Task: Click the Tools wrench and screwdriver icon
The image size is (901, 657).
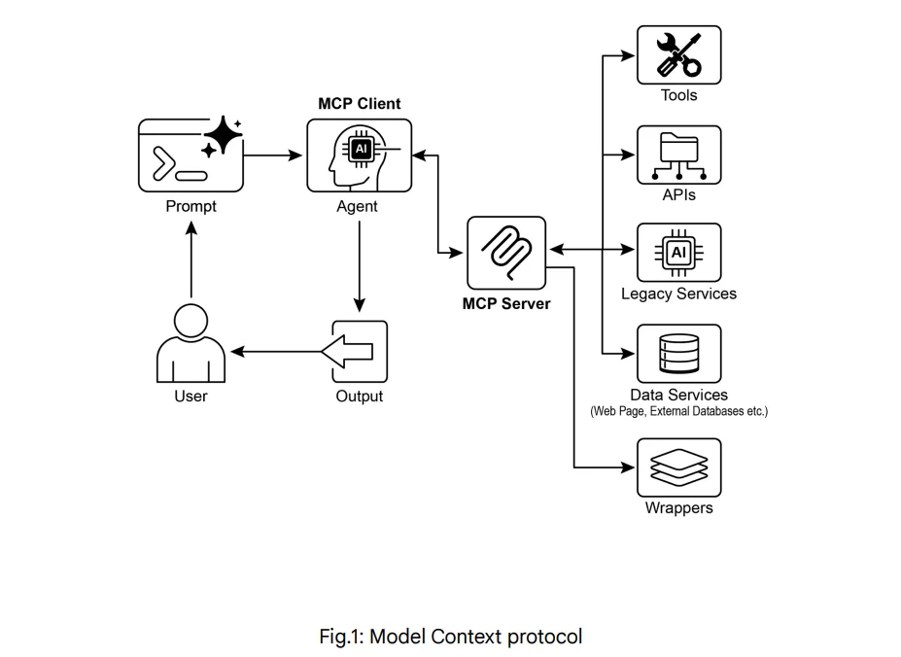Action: click(x=678, y=55)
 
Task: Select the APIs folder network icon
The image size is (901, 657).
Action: click(x=678, y=156)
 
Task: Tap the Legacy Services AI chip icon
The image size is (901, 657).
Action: click(x=678, y=253)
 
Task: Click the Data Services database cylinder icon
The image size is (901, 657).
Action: click(x=678, y=354)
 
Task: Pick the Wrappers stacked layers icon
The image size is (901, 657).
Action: click(x=678, y=467)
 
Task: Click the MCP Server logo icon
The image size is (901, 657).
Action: click(x=506, y=252)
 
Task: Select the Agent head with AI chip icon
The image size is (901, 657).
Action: click(x=359, y=156)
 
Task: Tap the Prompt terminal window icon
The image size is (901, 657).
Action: click(x=185, y=156)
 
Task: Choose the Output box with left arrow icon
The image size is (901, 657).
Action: click(x=359, y=351)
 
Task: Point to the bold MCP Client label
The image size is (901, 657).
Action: click(x=359, y=104)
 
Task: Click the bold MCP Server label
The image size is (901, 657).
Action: click(x=506, y=304)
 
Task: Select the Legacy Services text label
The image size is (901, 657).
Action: click(x=678, y=294)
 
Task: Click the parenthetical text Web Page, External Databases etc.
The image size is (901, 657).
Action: click(x=678, y=411)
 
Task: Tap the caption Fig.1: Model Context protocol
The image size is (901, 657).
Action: click(x=451, y=637)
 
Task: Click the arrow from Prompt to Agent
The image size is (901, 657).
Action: click(x=274, y=155)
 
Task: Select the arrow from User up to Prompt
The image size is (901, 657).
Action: click(x=191, y=262)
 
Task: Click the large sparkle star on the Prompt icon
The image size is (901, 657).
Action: click(x=223, y=134)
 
